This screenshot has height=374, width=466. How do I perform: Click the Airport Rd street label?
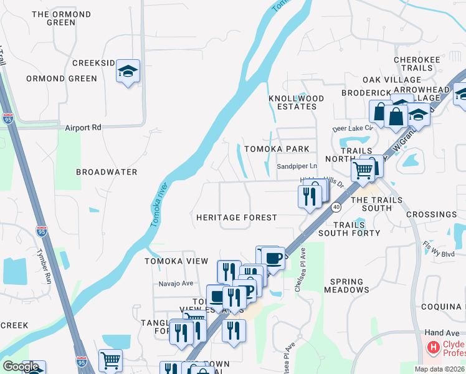[83, 127]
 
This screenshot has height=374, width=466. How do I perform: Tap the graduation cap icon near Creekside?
[128, 72]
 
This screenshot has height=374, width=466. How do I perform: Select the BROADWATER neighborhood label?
[107, 172]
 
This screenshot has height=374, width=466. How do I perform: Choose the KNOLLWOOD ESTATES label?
[297, 102]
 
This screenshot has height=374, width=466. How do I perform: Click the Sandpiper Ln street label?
[297, 167]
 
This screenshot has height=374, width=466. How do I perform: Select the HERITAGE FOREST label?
[236, 218]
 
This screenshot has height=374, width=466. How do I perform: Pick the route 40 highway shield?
[336, 206]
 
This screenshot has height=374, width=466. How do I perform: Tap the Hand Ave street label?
[441, 333]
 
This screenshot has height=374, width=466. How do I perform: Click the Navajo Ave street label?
[174, 283]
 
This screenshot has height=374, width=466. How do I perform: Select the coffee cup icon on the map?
[273, 257]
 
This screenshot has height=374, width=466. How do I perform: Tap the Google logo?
[21, 367]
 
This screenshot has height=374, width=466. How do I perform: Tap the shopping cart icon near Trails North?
[363, 169]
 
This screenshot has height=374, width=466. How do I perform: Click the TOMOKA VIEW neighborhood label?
[176, 261]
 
